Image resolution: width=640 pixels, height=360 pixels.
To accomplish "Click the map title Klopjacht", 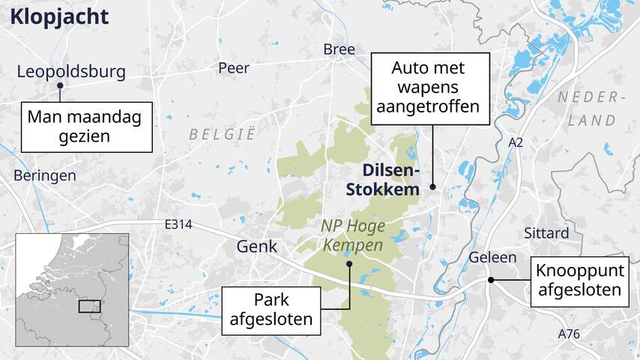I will click(x=60, y=16).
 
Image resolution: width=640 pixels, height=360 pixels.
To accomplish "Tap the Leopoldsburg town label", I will click(x=71, y=72).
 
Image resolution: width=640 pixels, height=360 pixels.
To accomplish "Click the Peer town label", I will click(x=234, y=68).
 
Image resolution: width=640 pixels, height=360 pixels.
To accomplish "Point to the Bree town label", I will click(x=339, y=49).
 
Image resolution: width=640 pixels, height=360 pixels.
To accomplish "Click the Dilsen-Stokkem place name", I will click(x=382, y=180).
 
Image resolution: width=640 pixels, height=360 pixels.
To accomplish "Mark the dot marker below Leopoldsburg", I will click(x=59, y=85).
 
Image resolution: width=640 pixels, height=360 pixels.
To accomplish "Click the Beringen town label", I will click(x=45, y=175).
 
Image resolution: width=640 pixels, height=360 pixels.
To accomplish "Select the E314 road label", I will click(x=178, y=224).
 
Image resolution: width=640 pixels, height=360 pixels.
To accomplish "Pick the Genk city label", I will click(x=256, y=246).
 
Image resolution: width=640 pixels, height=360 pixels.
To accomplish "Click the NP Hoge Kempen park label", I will click(x=352, y=233).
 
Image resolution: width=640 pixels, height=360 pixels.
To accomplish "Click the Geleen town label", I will click(x=492, y=257).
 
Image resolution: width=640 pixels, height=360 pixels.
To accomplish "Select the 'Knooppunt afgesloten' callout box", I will click(x=579, y=282).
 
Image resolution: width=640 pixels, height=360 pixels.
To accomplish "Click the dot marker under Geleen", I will click(x=491, y=280).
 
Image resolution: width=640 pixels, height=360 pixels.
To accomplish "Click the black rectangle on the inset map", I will click(x=89, y=306).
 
